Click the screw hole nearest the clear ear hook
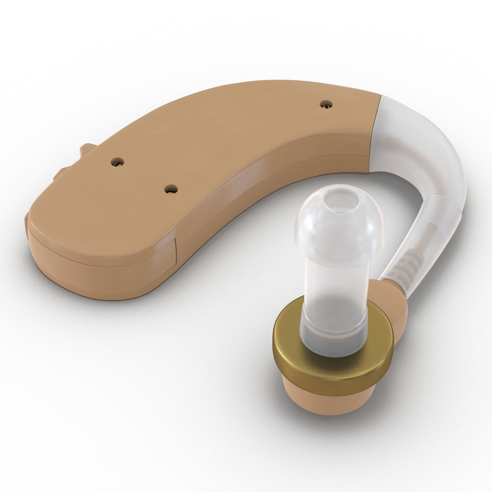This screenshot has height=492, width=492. tap(326, 104)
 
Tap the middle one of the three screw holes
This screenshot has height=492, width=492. tap(118, 161)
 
